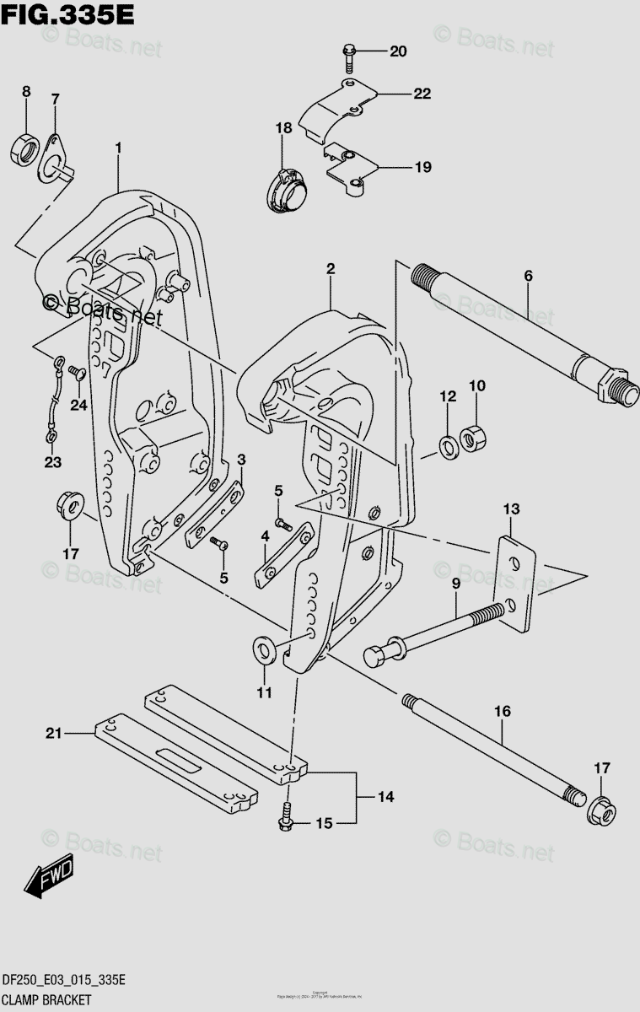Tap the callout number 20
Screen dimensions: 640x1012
click(x=397, y=52)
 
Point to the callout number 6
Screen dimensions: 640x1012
click(x=528, y=276)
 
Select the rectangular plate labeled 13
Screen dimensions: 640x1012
click(x=515, y=582)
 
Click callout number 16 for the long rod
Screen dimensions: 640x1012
click(x=502, y=712)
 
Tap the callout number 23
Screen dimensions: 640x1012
click(x=52, y=460)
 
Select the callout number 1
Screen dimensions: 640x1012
click(x=118, y=148)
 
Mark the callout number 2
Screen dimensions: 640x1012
click(x=331, y=270)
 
